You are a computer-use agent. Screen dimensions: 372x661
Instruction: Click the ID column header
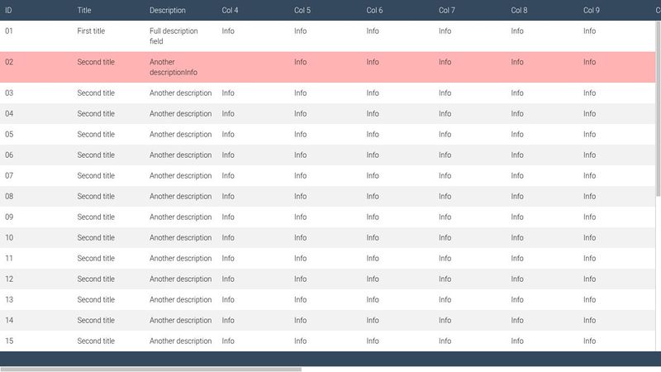coord(8,10)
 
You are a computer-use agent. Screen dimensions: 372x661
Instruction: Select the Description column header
coord(168,10)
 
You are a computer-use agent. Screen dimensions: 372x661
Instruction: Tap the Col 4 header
coord(230,10)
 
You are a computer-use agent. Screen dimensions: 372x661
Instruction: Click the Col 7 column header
coord(447,10)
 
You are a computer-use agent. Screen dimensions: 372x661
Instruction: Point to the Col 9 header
coord(592,10)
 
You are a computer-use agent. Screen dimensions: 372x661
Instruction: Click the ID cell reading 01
coord(9,31)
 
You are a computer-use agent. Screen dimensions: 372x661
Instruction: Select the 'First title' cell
coord(96,31)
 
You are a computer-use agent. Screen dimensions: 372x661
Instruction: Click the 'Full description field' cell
coord(174,36)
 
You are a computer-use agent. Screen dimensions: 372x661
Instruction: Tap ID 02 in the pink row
coord(9,62)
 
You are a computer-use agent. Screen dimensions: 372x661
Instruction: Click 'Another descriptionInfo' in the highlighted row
coord(174,67)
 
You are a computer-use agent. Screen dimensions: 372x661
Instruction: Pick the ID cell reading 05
coord(9,134)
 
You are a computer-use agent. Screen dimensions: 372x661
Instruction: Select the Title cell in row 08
coord(96,196)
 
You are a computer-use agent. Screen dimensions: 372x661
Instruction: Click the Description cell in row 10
coord(180,237)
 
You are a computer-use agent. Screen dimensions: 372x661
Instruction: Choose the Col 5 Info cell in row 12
coord(300,279)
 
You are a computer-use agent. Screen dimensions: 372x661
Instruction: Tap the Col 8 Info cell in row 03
coord(517,93)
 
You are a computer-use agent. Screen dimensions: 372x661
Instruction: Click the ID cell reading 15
coord(9,341)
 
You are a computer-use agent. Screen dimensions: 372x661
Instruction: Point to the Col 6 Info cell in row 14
coord(373,320)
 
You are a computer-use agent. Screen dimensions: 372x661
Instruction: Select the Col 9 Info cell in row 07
coord(589,175)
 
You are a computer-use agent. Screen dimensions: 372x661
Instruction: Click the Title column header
coord(84,10)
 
